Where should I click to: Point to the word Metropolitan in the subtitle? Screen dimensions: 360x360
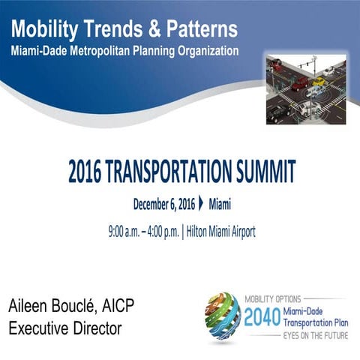pos(105,52)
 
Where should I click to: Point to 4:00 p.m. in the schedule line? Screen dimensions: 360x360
pos(159,232)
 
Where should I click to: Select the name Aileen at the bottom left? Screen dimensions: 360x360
pos(29,307)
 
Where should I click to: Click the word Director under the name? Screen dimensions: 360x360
pos(96,328)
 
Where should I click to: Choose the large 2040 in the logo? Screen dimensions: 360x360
pos(261,316)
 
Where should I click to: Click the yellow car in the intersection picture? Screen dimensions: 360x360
pos(319,82)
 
